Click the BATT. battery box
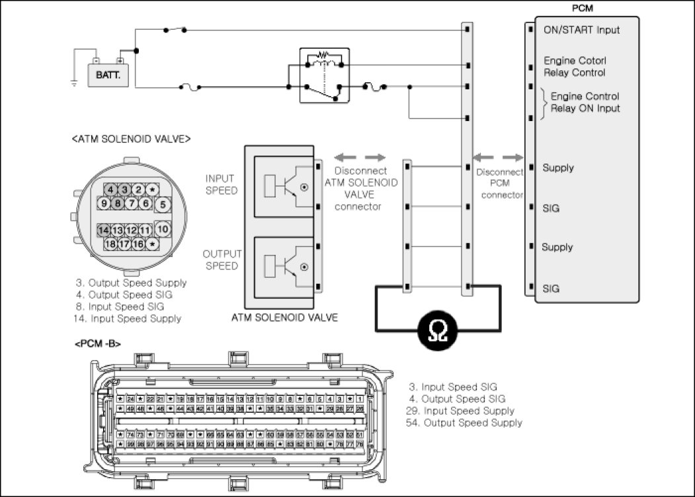point(107,75)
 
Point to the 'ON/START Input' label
point(581,30)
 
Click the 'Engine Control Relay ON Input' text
point(585,102)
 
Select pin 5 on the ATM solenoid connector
point(163,204)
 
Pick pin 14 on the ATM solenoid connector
point(104,230)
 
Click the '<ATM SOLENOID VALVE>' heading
point(131,139)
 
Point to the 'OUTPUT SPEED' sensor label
point(222,260)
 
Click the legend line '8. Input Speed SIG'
point(122,306)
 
